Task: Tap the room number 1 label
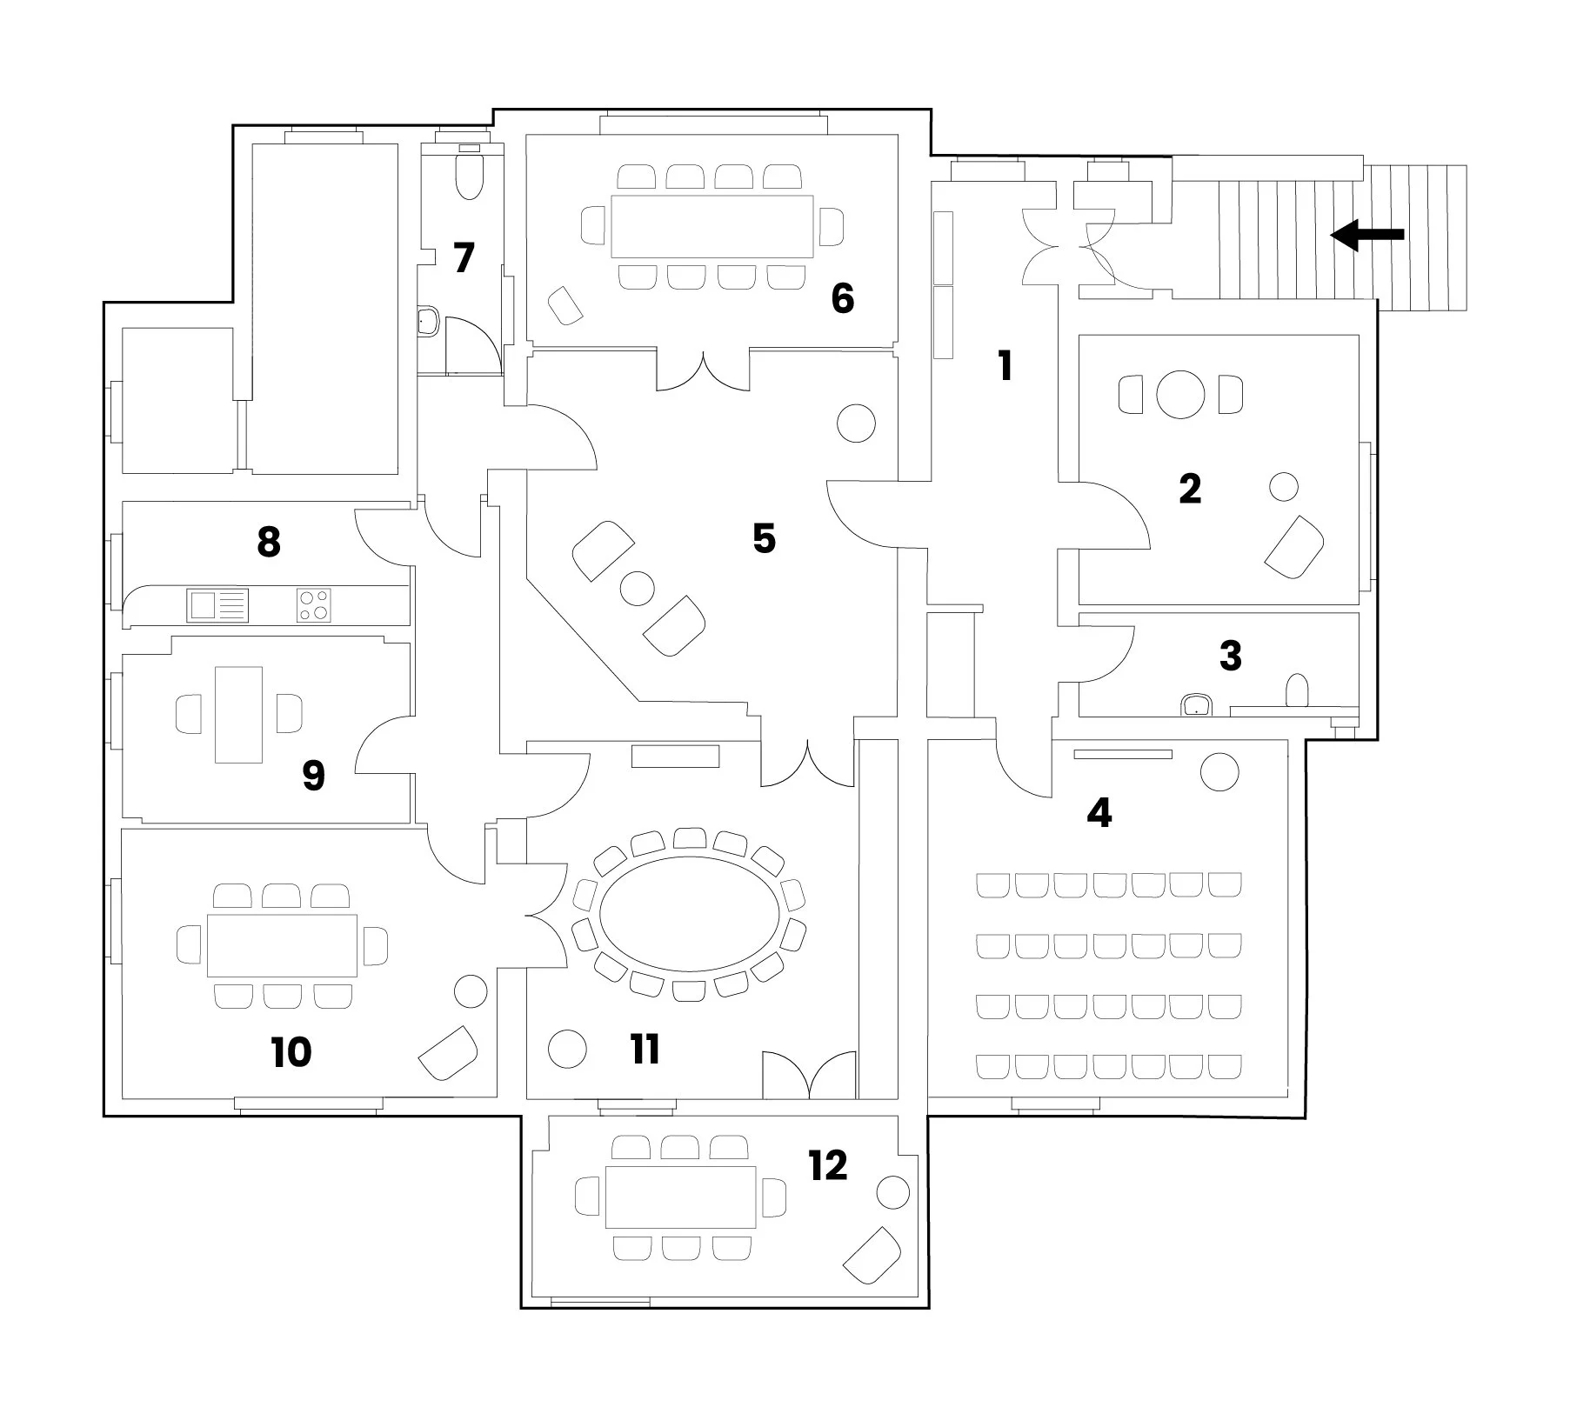1005,366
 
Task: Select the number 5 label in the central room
764,539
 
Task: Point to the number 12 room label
827,1165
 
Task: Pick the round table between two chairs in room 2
1180,394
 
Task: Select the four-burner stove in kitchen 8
313,604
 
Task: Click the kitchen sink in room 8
217,604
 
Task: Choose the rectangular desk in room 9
238,715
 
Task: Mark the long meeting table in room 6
712,226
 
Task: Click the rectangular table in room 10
282,945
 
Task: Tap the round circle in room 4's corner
1219,771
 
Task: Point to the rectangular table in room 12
680,1197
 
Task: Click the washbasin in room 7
428,321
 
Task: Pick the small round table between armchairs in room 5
637,589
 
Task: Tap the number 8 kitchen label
269,543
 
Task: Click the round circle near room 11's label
567,1049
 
